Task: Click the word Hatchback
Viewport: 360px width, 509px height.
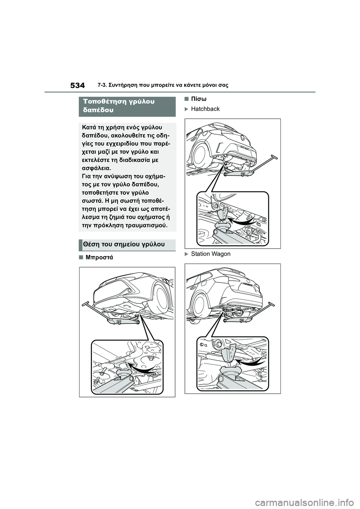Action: [205, 109]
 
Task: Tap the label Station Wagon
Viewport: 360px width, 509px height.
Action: [210, 254]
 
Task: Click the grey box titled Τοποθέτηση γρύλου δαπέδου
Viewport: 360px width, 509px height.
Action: [127, 106]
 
